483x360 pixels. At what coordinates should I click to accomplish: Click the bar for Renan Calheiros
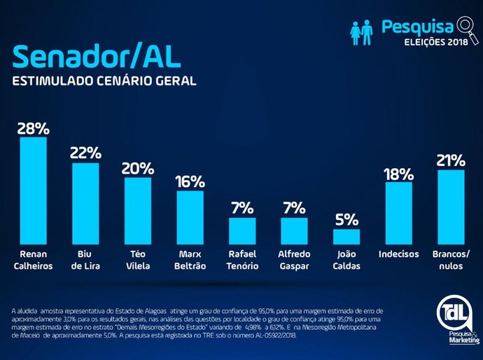(x=33, y=189)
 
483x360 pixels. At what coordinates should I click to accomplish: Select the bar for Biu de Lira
(x=85, y=202)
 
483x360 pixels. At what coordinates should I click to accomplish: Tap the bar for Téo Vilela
(x=138, y=209)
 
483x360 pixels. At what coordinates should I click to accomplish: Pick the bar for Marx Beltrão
(x=190, y=216)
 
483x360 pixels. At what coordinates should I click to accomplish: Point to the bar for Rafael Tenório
(x=242, y=230)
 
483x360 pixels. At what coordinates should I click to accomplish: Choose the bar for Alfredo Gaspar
(x=295, y=230)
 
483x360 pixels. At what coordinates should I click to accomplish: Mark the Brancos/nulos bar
(x=451, y=206)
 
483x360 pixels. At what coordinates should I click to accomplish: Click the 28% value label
(x=33, y=128)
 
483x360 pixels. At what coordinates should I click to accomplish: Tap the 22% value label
(x=85, y=153)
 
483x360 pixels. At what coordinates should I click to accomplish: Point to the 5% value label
(x=346, y=219)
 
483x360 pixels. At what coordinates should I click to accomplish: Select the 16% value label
(x=190, y=181)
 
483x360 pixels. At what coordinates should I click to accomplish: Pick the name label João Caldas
(x=346, y=260)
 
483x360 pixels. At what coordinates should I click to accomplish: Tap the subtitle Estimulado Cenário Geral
(x=104, y=81)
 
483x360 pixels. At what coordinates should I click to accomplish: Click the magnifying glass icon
(x=463, y=26)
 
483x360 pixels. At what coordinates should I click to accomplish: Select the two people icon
(x=361, y=32)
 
